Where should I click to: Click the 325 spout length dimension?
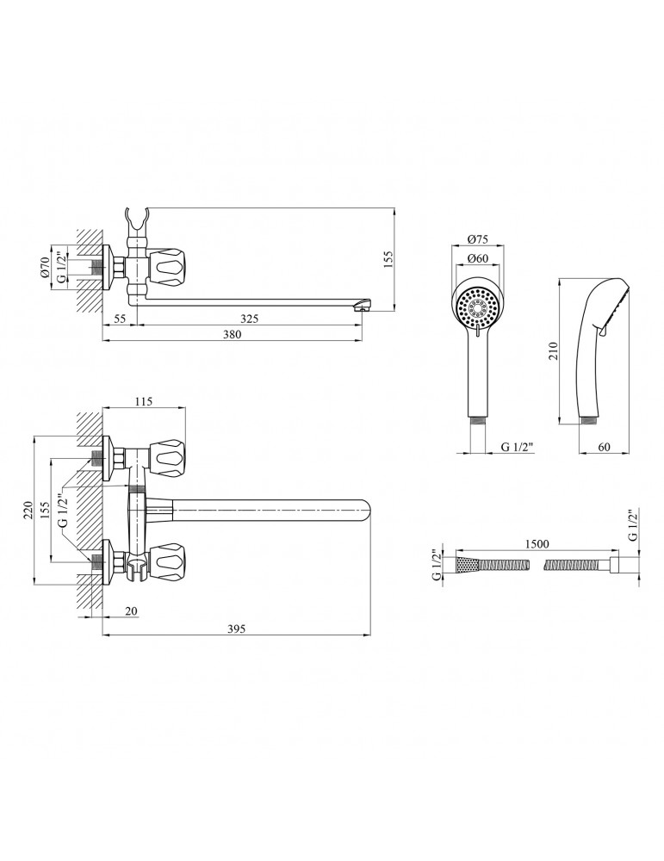coord(250,319)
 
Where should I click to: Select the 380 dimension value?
coord(233,334)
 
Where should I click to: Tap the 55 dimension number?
coord(120,319)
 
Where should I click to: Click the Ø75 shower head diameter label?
coord(477,239)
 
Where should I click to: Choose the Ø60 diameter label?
coord(477,258)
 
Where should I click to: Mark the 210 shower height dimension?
coord(553,351)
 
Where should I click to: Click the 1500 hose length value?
coord(537,544)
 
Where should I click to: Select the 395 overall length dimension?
coord(236,629)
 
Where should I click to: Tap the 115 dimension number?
coord(143,402)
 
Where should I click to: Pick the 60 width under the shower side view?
coord(604,447)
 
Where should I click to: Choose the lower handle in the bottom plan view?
coord(170,561)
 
